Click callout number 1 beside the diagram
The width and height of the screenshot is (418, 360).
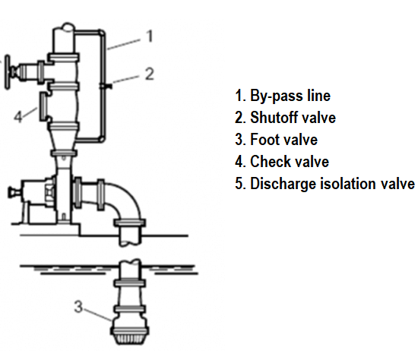point(150,36)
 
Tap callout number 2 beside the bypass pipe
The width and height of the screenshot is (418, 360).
point(150,74)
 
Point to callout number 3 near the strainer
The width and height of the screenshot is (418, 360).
point(78,306)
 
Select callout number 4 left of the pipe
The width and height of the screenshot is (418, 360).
point(18,116)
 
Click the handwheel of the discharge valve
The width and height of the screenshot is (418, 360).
point(7,72)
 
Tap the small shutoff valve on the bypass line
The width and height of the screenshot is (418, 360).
point(106,86)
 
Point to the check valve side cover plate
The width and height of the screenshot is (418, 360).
point(43,106)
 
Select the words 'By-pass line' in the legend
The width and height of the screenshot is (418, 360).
point(290,96)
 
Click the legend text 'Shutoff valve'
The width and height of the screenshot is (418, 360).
point(293,118)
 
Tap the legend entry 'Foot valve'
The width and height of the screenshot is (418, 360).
point(284,139)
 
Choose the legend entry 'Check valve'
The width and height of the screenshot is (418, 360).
point(290,162)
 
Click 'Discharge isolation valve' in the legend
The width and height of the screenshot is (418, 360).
point(332,184)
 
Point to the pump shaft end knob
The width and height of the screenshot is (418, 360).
point(11,192)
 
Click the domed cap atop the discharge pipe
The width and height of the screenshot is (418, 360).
point(68,27)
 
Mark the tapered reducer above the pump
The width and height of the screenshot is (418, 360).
point(64,141)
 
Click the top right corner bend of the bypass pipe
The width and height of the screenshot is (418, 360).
point(102,33)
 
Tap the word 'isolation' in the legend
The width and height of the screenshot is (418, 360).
point(349,184)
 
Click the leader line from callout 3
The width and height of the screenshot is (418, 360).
point(98,314)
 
